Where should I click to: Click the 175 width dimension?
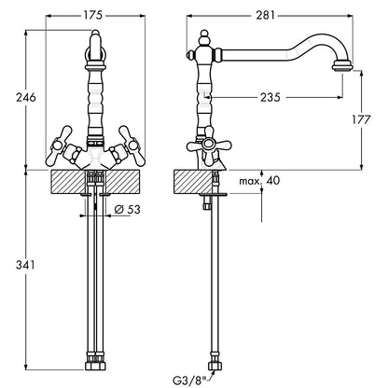click(92, 15)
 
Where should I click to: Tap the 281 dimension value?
click(266, 15)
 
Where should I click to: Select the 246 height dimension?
click(26, 97)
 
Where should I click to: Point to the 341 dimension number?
click(25, 265)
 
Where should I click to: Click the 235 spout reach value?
click(270, 97)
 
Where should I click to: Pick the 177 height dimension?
click(361, 119)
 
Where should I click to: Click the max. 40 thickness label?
click(259, 180)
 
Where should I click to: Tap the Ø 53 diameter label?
click(127, 210)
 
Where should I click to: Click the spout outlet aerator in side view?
click(342, 67)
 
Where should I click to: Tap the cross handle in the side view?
click(209, 145)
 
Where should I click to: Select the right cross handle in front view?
click(130, 146)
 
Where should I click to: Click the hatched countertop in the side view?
click(193, 182)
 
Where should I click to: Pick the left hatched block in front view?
click(67, 182)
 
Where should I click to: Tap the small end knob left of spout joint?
click(189, 55)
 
